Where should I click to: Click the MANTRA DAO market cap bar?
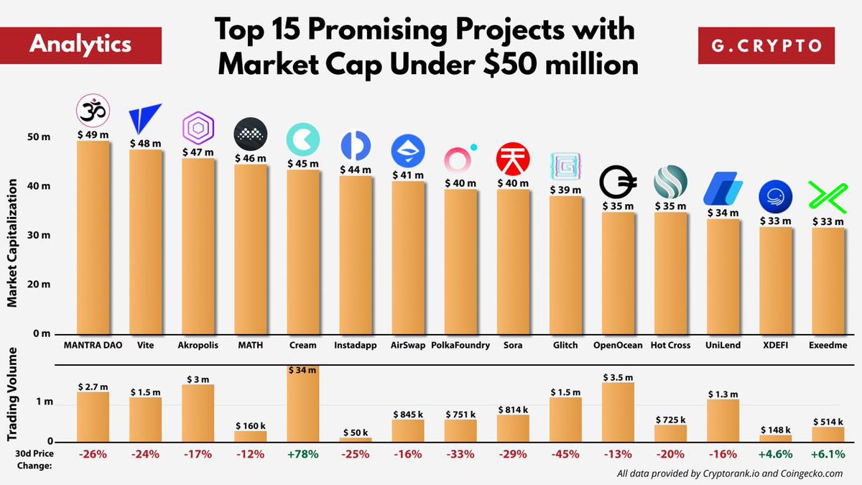click(x=93, y=237)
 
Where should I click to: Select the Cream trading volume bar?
click(x=303, y=406)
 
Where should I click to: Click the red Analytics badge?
click(x=80, y=45)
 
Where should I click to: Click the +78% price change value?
click(x=303, y=454)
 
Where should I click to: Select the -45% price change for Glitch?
click(x=565, y=454)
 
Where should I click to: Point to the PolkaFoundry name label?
click(x=460, y=345)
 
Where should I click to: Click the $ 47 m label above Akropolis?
click(x=198, y=152)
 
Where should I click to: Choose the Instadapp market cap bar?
click(x=356, y=255)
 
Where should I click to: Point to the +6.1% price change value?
click(x=828, y=454)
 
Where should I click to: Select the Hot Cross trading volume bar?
click(x=670, y=433)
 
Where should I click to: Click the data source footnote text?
click(x=729, y=474)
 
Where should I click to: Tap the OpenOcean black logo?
click(x=618, y=183)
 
